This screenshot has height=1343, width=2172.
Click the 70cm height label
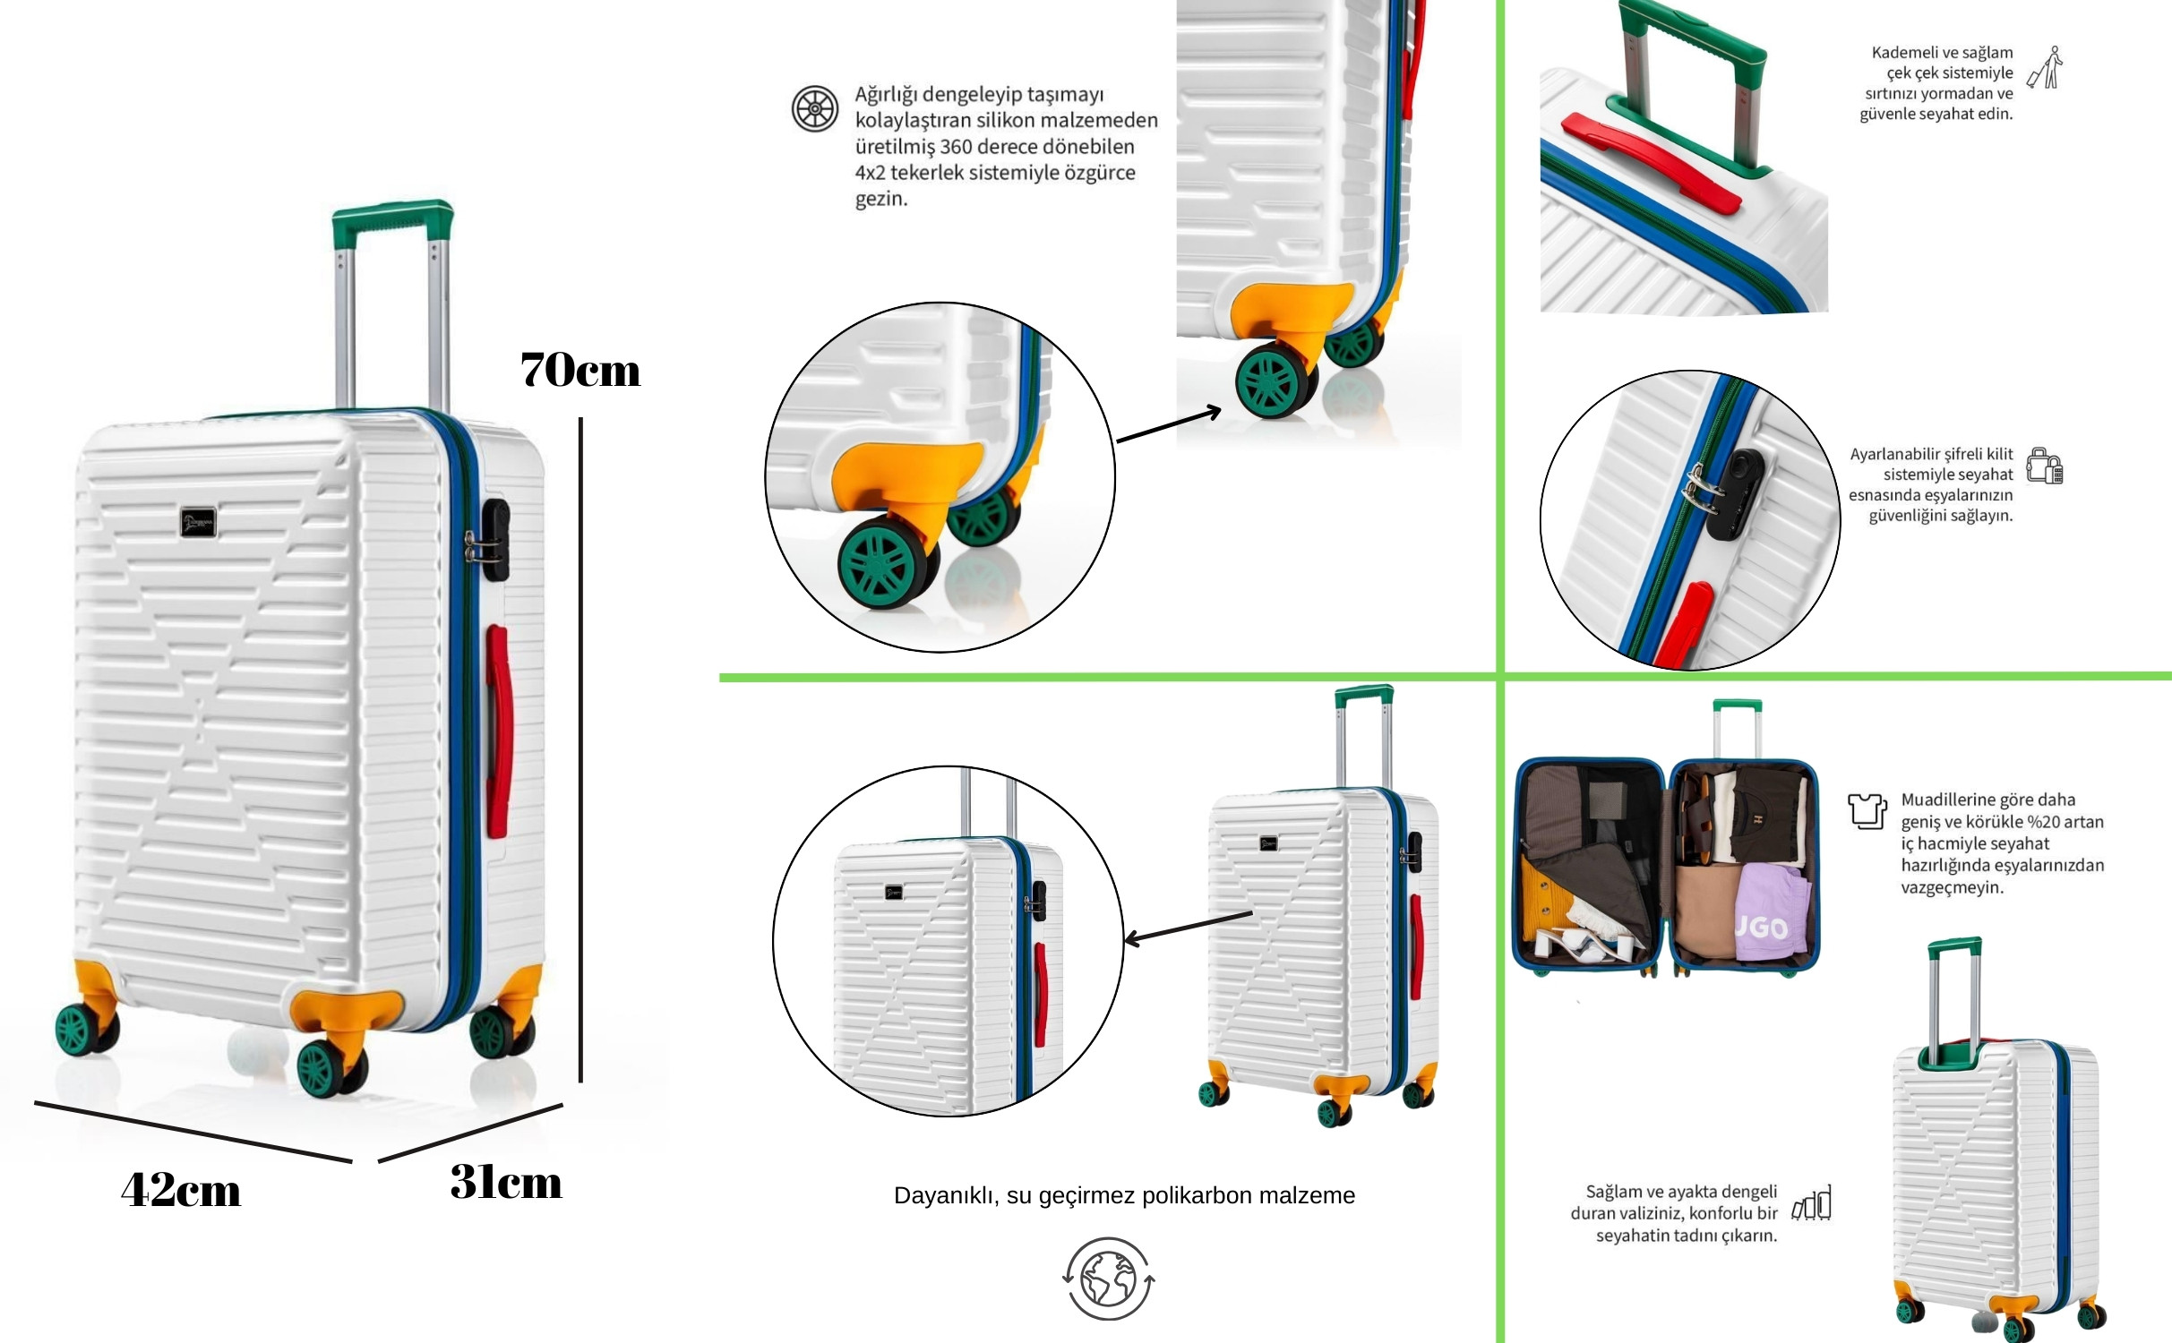580,370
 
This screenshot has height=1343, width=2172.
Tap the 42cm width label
181,1191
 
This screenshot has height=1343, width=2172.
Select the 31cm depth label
506,1182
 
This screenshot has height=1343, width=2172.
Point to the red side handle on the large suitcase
498,731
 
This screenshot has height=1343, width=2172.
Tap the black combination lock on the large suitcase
494,539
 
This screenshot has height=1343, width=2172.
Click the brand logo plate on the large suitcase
198,522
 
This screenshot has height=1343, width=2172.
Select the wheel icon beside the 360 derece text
815,108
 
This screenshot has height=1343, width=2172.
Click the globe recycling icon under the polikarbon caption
1109,1279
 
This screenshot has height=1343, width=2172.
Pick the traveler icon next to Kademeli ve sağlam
2045,68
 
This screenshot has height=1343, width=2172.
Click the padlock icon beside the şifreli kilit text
2045,466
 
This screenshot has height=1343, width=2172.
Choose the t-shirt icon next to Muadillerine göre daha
1867,811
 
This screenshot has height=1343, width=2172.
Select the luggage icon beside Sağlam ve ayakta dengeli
1811,1203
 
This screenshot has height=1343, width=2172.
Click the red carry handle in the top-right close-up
1651,162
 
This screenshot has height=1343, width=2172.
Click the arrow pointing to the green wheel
1169,425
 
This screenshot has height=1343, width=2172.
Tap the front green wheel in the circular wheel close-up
883,563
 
